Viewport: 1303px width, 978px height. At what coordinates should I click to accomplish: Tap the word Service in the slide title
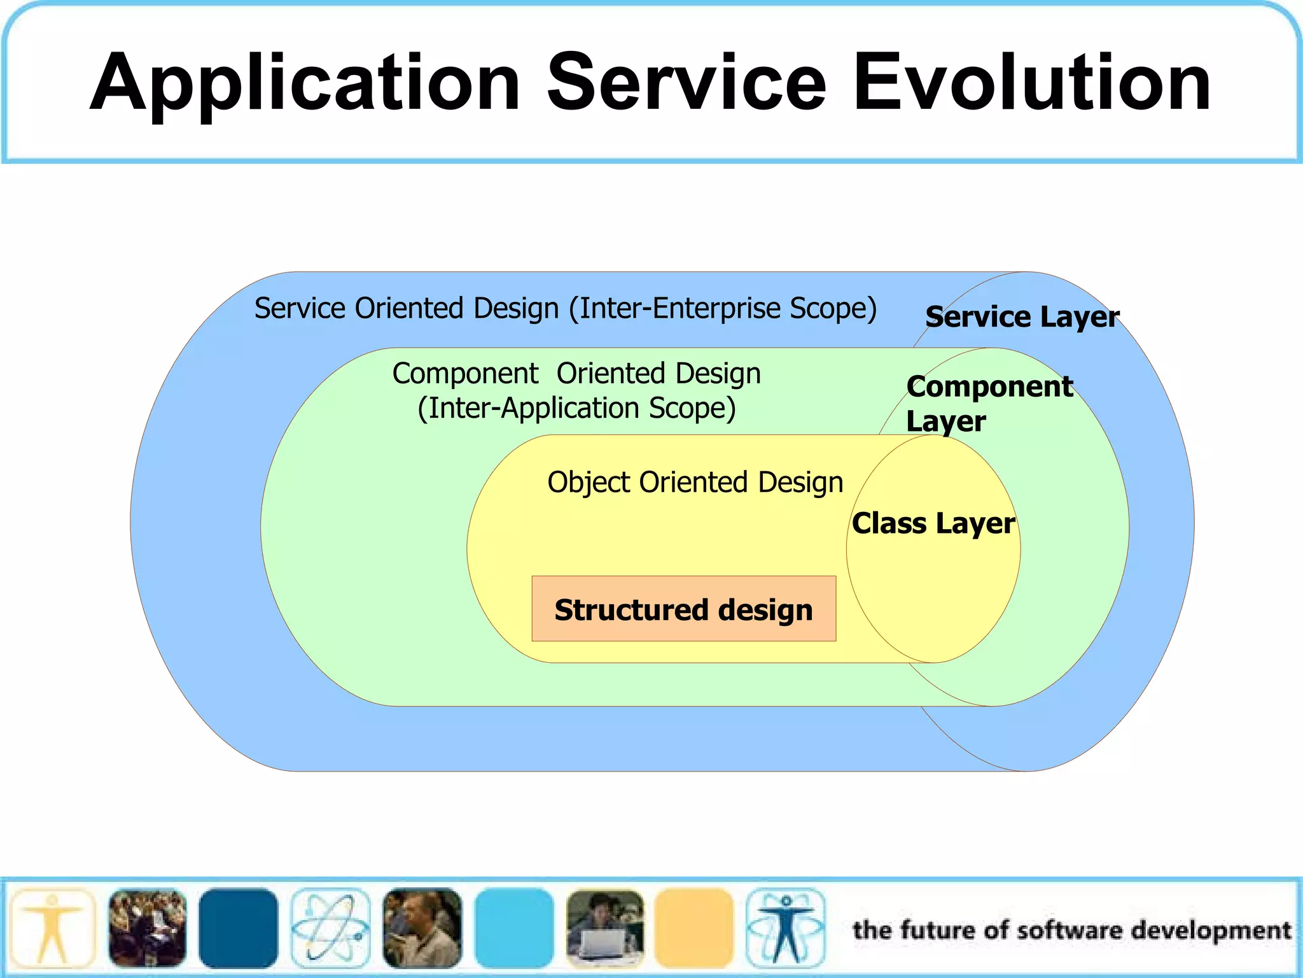pyautogui.click(x=687, y=83)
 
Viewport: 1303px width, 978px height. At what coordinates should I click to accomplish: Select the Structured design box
pyautogui.click(x=684, y=609)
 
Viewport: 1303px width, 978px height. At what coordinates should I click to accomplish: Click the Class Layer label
pyautogui.click(x=933, y=523)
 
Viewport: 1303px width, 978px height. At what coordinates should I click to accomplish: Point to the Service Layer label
pyautogui.click(x=1022, y=317)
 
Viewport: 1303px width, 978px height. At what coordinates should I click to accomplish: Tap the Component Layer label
pyautogui.click(x=989, y=404)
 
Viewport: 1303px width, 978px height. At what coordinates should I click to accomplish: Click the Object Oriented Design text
pyautogui.click(x=695, y=483)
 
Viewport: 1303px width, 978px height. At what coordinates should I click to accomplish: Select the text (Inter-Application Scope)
pyautogui.click(x=576, y=408)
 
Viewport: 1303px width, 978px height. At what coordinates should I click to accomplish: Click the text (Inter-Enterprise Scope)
pyautogui.click(x=723, y=308)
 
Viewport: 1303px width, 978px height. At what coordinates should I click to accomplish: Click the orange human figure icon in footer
pyautogui.click(x=52, y=928)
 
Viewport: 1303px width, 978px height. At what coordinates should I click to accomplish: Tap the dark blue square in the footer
pyautogui.click(x=238, y=928)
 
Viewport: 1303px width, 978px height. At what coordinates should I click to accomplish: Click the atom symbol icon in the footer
pyautogui.click(x=330, y=928)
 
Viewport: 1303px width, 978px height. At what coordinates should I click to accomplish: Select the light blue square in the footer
pyautogui.click(x=514, y=928)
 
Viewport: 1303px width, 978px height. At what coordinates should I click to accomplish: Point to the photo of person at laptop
pyautogui.click(x=605, y=928)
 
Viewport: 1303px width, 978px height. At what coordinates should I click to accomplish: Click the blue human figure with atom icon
pyautogui.click(x=785, y=928)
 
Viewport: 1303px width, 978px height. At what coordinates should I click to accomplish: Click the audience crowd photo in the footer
pyautogui.click(x=148, y=928)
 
